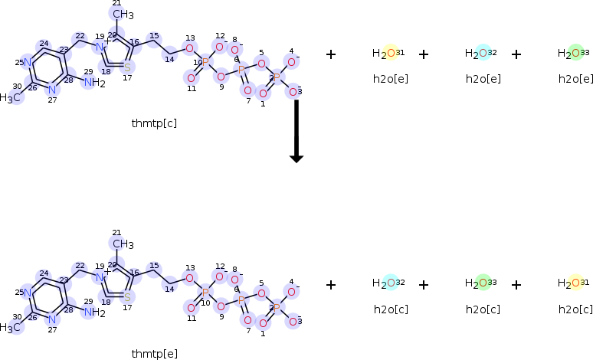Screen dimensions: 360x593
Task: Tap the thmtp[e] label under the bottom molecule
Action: (154, 353)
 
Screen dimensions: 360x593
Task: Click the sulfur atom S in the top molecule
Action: (127, 67)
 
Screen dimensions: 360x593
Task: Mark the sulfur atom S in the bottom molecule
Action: (127, 297)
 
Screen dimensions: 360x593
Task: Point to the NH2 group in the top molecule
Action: (94, 83)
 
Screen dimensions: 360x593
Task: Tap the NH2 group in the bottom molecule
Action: (94, 313)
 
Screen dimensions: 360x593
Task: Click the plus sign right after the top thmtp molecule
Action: (331, 54)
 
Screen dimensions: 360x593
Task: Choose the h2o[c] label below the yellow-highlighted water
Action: (575, 309)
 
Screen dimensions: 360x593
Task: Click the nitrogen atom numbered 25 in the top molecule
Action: (27, 62)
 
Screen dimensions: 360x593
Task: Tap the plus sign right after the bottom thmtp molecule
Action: (331, 284)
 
